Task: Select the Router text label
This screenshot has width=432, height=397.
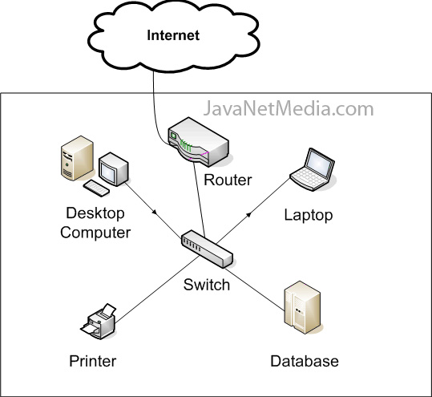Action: [228, 180]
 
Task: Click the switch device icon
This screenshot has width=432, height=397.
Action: [207, 250]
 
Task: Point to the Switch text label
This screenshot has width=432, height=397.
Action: [207, 285]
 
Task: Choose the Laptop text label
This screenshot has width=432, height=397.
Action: [309, 215]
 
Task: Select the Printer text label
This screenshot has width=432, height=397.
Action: [92, 361]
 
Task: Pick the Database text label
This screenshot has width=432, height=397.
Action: [304, 361]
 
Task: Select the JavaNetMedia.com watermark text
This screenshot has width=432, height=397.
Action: [289, 108]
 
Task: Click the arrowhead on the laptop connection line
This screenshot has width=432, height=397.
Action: [248, 216]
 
